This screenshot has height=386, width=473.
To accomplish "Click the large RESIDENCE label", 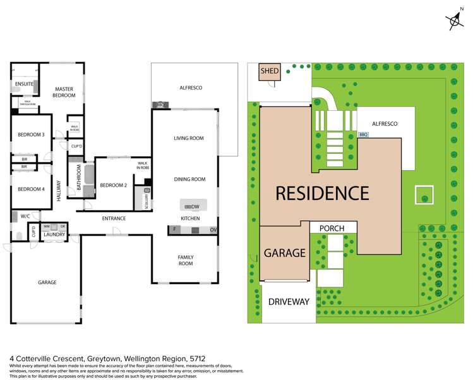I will tap(321, 192).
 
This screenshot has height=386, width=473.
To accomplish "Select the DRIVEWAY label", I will tap(288, 302).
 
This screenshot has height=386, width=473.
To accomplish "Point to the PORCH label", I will tap(331, 228).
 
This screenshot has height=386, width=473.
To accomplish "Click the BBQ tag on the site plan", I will tap(362, 135).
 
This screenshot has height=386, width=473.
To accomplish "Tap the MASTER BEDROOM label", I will tap(65, 92).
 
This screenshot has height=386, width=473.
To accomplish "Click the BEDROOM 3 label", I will tap(30, 135).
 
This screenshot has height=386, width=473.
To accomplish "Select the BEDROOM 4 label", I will tap(30, 189).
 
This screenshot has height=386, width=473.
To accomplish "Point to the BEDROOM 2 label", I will tap(114, 185).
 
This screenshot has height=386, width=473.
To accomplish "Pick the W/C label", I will tap(25, 216).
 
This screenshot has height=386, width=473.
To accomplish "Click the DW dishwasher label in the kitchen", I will tap(195, 207).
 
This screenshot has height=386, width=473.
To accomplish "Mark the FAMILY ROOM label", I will tap(186, 259).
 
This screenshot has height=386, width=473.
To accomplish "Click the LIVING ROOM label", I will tap(189, 138).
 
